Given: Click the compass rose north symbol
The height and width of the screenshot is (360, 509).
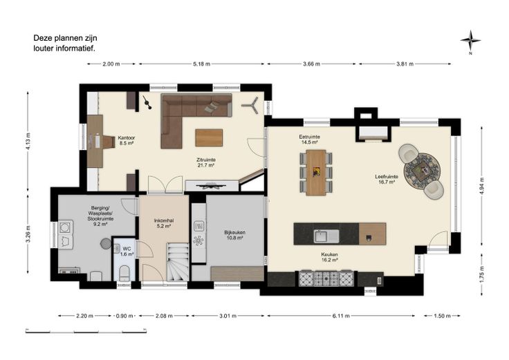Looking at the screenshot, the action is pyautogui.click(x=470, y=41).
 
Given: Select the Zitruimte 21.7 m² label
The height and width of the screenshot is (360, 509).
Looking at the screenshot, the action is pyautogui.click(x=206, y=162).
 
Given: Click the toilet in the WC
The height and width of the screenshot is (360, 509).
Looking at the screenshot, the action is pyautogui.click(x=124, y=273).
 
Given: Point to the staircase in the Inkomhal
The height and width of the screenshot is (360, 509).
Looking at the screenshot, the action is pyautogui.click(x=178, y=262).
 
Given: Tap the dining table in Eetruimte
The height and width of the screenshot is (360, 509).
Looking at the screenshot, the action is pyautogui.click(x=316, y=173).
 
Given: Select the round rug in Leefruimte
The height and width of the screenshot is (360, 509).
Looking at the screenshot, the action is pyautogui.click(x=422, y=170).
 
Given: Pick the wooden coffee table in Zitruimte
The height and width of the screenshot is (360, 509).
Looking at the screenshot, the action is pyautogui.click(x=209, y=138).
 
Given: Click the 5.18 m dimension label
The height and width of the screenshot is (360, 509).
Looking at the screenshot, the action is pyautogui.click(x=201, y=64).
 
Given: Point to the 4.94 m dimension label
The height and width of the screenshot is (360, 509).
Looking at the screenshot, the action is pyautogui.click(x=482, y=186).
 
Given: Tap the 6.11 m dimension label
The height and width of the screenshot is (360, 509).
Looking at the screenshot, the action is pyautogui.click(x=341, y=316).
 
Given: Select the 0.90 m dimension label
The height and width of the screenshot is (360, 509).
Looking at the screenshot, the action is pyautogui.click(x=124, y=316).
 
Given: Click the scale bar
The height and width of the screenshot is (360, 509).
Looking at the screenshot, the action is pyautogui.click(x=86, y=331).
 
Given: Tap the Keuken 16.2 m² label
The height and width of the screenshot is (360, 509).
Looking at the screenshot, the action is pyautogui.click(x=329, y=257).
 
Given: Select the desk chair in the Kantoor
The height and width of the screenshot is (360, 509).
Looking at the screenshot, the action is pyautogui.click(x=109, y=142).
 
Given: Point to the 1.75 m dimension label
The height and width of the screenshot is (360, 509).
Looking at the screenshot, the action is pyautogui.click(x=482, y=274).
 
